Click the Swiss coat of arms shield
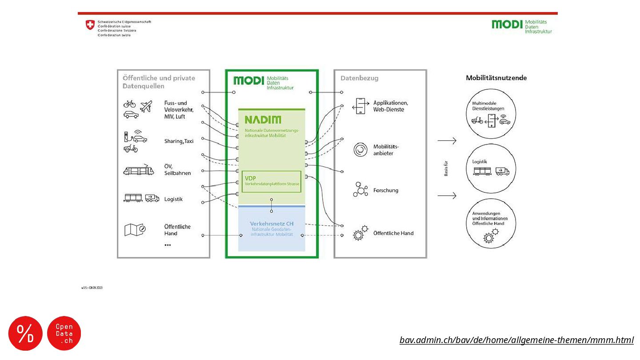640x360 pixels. pyautogui.click(x=90, y=25)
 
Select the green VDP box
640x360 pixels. pyautogui.click(x=271, y=181)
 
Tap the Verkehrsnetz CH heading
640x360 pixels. pyautogui.click(x=271, y=223)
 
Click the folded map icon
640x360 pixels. pyautogui.click(x=135, y=229)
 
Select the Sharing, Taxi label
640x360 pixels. pyautogui.click(x=179, y=141)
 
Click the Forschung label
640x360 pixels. pyautogui.click(x=386, y=191)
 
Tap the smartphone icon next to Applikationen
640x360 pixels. pyautogui.click(x=360, y=106)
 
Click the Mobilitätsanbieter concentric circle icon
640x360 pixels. pyautogui.click(x=360, y=150)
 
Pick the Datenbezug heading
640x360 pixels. pyautogui.click(x=360, y=78)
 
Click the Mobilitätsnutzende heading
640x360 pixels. pyautogui.click(x=496, y=78)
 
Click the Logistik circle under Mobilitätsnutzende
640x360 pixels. pyautogui.click(x=491, y=169)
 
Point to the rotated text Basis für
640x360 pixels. pyautogui.click(x=446, y=168)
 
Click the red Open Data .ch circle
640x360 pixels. pyautogui.click(x=64, y=333)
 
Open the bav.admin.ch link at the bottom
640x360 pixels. pyautogui.click(x=516, y=340)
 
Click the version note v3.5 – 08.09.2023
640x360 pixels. pyautogui.click(x=92, y=288)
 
